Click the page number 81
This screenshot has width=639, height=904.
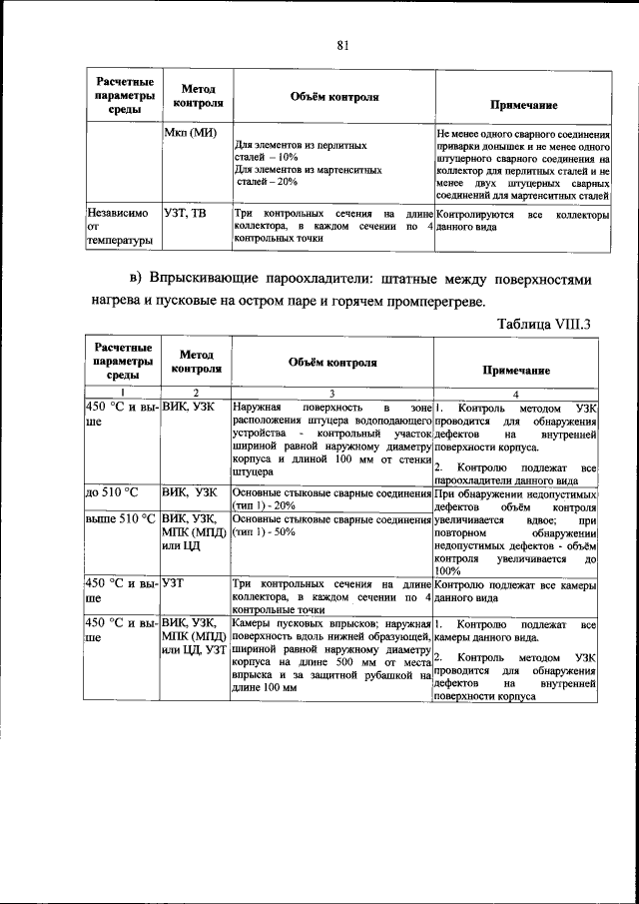pyautogui.click(x=342, y=45)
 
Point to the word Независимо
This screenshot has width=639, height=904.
pyautogui.click(x=118, y=213)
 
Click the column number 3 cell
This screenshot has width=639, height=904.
pyautogui.click(x=331, y=394)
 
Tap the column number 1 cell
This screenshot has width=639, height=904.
pyautogui.click(x=122, y=394)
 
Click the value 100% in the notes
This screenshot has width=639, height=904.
pyautogui.click(x=448, y=570)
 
